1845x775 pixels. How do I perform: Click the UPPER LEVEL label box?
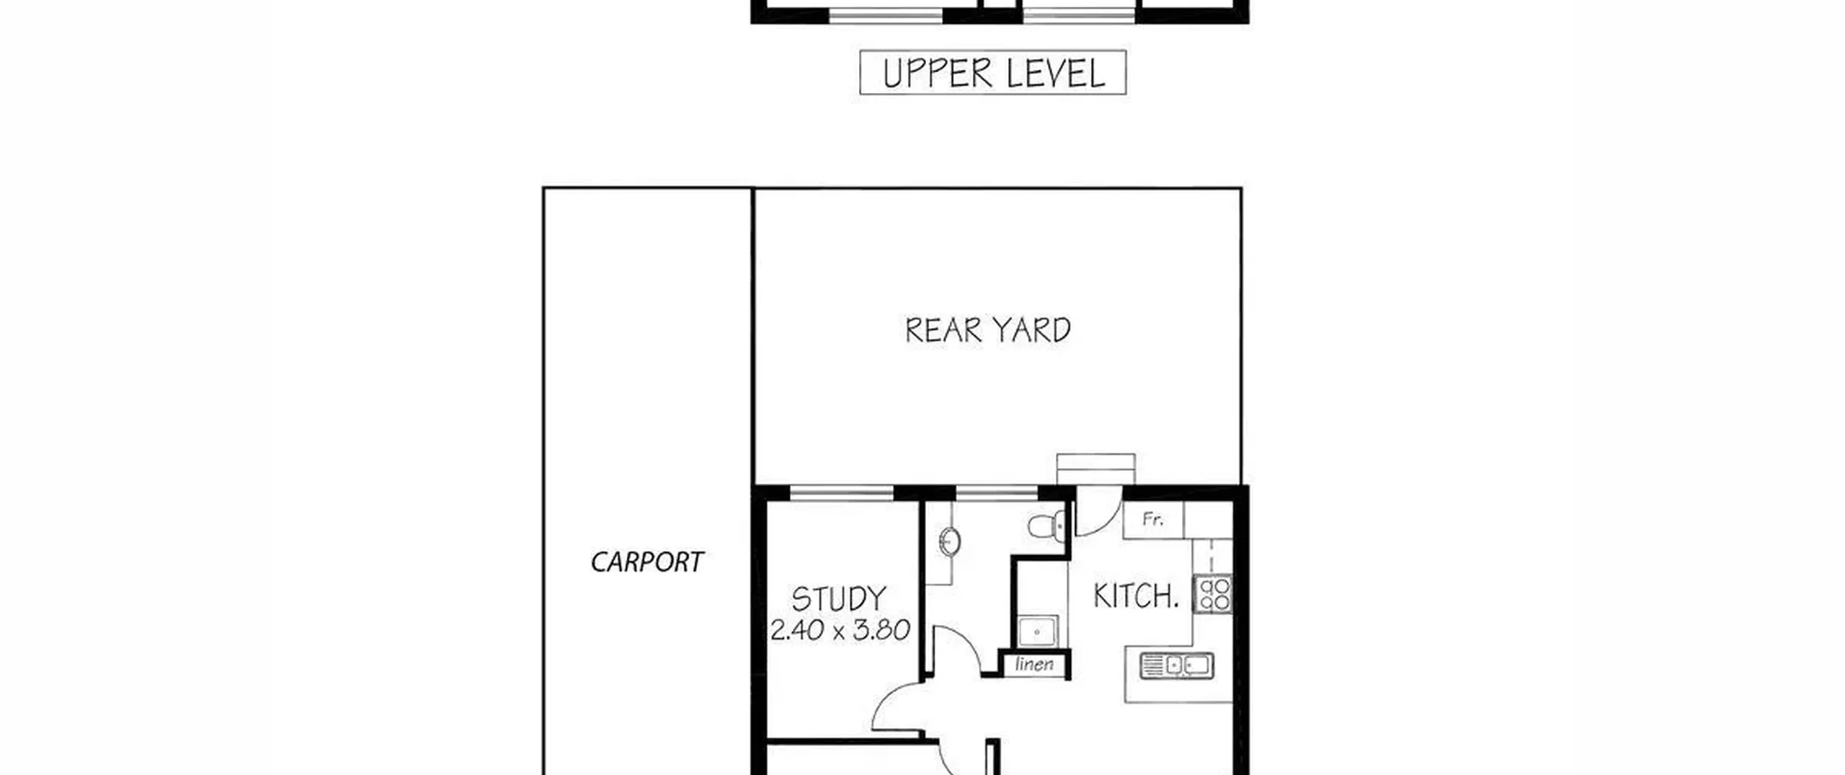point(992,72)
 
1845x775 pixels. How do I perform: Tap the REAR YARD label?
point(987,330)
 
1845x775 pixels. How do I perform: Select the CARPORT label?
point(646,562)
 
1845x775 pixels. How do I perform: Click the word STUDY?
point(839,599)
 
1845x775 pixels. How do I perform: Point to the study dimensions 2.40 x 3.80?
point(840,630)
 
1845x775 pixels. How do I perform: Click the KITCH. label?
point(1136,596)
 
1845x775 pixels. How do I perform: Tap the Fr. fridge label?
point(1153,519)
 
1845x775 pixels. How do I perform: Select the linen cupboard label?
point(1034,664)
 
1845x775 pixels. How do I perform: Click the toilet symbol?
point(1047,524)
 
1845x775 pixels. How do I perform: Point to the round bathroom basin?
point(950,541)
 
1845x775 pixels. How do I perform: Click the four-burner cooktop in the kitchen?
point(1213,594)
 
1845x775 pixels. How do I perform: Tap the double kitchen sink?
point(1177,665)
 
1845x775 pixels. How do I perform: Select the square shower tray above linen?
point(1038,632)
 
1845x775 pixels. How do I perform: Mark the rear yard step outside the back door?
point(1095,469)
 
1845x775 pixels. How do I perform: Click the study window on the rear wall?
point(842,493)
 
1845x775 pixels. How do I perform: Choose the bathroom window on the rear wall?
point(997,493)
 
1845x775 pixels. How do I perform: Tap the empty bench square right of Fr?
point(1208,520)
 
